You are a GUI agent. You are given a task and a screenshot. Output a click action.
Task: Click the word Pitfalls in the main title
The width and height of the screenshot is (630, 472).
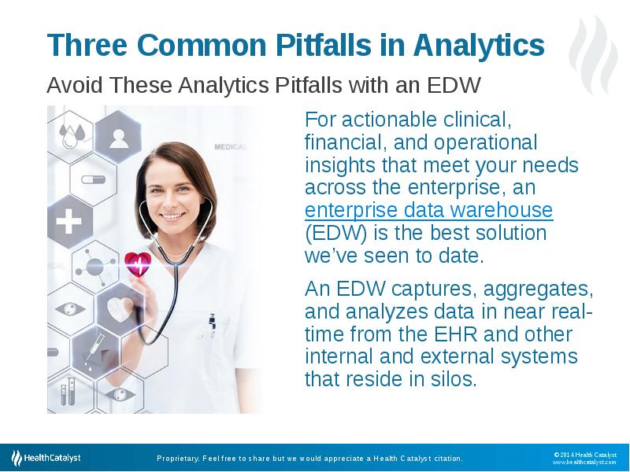(x=324, y=45)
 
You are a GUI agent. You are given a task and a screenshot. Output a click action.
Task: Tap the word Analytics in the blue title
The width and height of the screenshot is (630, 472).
(x=479, y=46)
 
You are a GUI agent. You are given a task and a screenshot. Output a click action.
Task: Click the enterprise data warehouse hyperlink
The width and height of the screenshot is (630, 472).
(x=428, y=210)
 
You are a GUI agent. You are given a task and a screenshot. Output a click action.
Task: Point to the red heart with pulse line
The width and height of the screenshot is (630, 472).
(x=138, y=264)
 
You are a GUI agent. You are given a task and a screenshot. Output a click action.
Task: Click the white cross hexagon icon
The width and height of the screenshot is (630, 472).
(x=69, y=221)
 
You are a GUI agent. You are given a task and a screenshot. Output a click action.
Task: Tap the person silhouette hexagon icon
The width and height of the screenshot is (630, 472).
(x=119, y=137)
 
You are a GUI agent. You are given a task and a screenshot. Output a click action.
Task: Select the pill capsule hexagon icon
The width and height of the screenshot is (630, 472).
(x=93, y=179)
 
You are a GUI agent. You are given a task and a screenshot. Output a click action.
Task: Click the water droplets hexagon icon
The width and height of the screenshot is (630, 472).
(x=71, y=135)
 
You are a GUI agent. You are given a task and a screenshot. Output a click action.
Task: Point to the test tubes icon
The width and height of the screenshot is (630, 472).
(x=68, y=391)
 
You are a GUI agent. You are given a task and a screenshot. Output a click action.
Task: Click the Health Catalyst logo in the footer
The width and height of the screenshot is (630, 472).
(x=46, y=458)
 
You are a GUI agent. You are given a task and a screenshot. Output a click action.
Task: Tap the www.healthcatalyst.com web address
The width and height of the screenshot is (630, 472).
(x=584, y=462)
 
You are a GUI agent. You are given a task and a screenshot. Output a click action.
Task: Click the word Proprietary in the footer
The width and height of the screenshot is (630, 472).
(x=178, y=459)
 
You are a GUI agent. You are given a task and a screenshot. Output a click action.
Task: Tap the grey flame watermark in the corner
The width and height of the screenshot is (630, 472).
(x=594, y=55)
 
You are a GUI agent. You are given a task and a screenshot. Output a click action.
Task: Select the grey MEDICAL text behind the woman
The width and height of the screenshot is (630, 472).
(x=230, y=147)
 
